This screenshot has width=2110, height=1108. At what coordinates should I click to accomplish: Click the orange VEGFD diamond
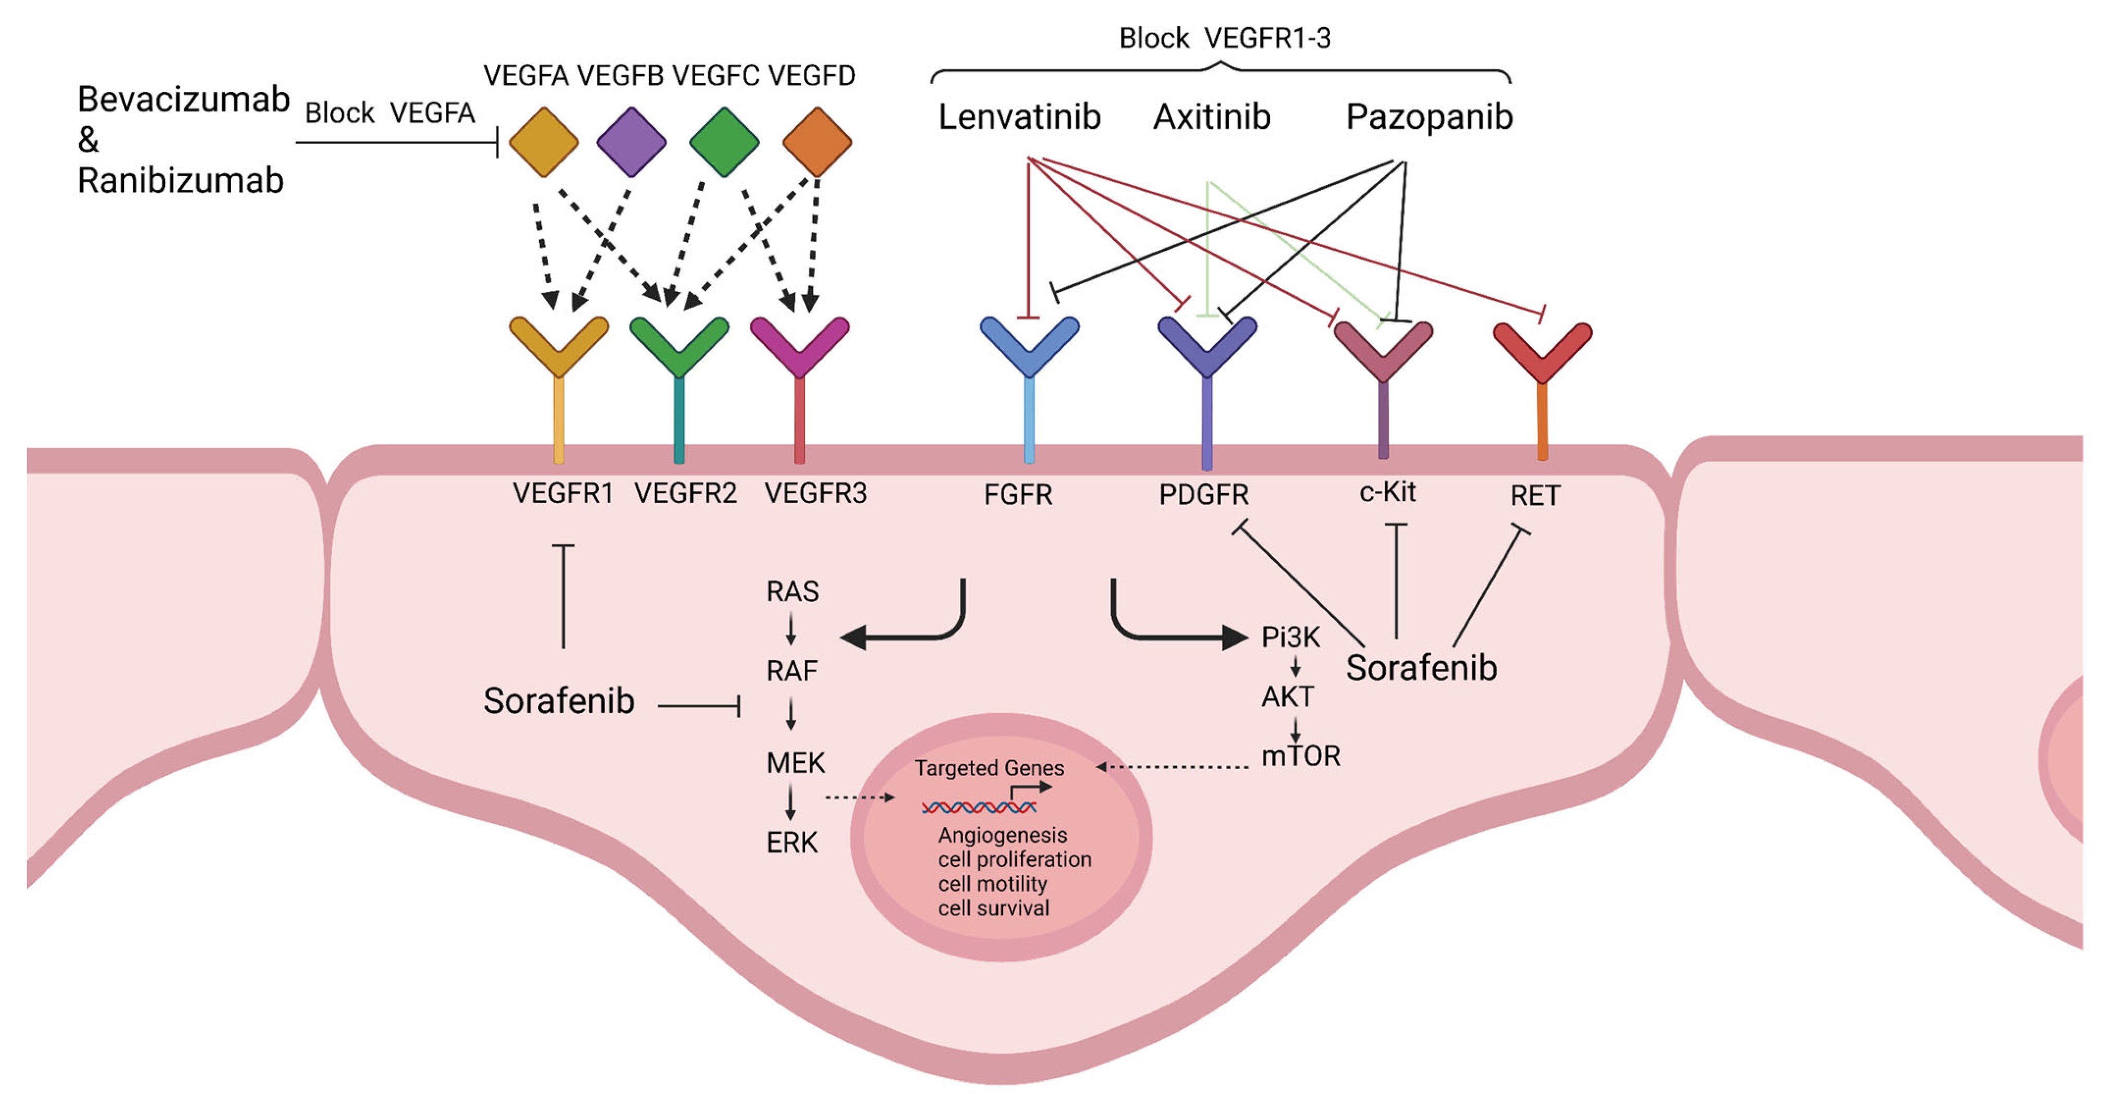coord(816,142)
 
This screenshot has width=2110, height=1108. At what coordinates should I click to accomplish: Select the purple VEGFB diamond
coord(631,142)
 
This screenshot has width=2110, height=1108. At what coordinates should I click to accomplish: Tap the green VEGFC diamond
coord(724,142)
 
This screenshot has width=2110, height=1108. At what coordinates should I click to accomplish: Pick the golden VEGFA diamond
coord(544,142)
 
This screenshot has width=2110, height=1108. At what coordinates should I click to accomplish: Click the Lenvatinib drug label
coord(1019,117)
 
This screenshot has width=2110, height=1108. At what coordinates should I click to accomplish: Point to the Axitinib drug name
coord(1212,117)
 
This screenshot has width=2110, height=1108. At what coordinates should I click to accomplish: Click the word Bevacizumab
coord(184,99)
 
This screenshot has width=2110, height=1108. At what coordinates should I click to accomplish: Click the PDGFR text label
coord(1203,495)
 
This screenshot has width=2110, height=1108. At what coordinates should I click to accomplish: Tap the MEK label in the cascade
coord(795,763)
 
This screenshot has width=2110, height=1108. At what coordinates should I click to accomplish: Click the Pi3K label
coord(1290,636)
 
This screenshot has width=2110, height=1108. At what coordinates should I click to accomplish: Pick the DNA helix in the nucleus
coord(979,808)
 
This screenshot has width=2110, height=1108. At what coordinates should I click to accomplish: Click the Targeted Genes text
coord(990,768)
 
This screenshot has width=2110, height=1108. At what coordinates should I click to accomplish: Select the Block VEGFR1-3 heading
coord(1225,38)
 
